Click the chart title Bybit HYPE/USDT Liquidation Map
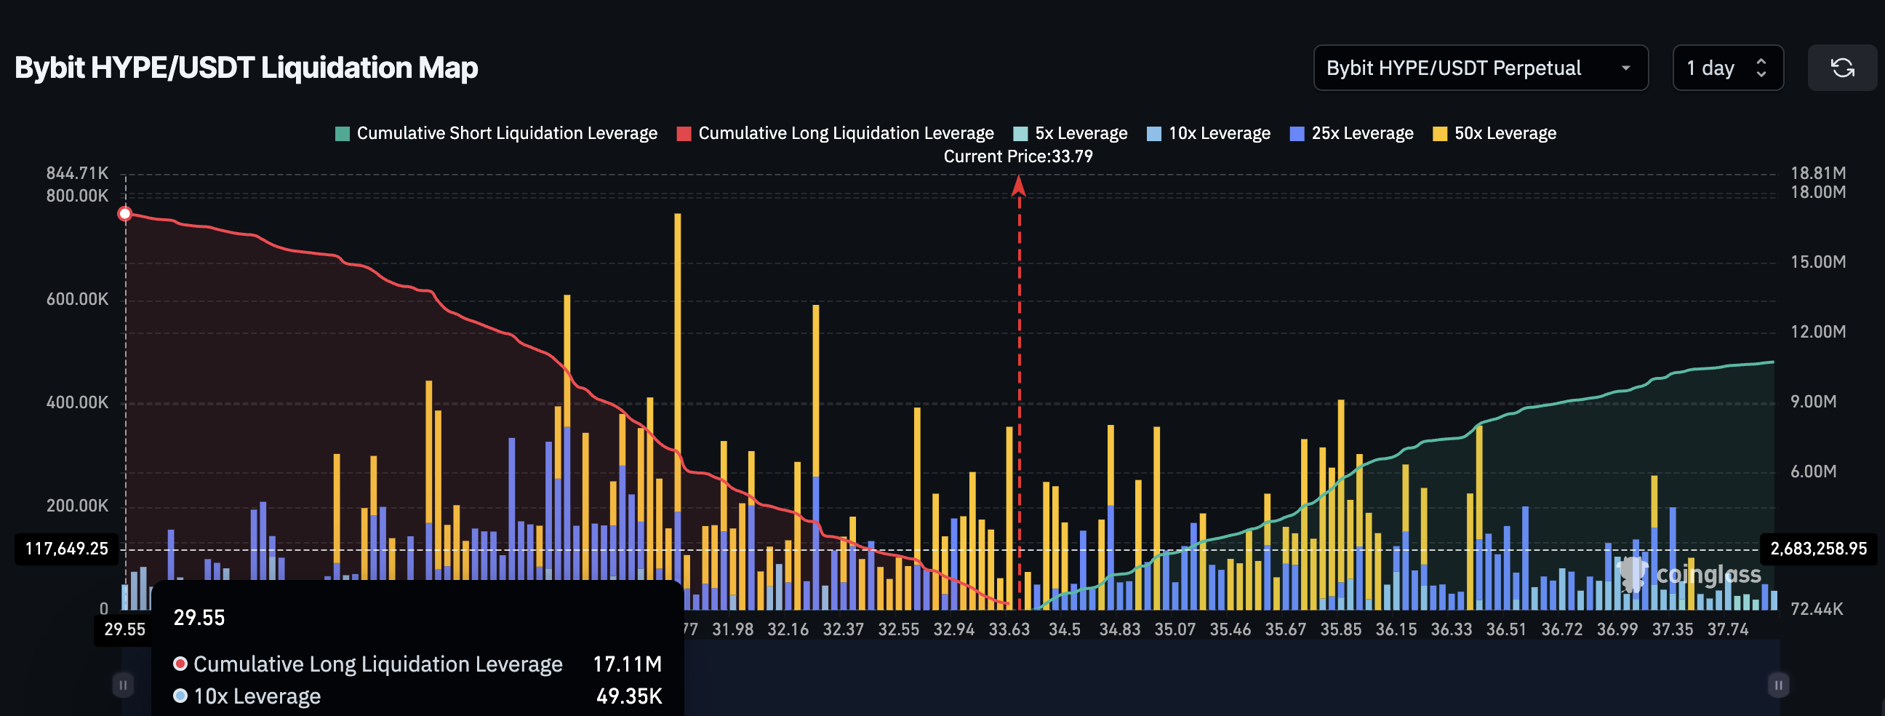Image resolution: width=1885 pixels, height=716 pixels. pos(246,68)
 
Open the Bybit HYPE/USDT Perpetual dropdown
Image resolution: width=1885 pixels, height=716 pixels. pos(1480,68)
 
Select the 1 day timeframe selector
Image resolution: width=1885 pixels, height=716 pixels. pos(1727,68)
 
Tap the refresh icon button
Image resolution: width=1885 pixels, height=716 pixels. pos(1842,68)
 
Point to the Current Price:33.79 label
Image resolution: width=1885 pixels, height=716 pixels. pos(1018,156)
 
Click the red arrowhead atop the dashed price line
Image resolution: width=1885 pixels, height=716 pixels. pos(1019,188)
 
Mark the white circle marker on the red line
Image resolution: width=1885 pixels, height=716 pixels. pos(125,214)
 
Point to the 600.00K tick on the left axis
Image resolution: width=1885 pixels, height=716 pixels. pos(77,300)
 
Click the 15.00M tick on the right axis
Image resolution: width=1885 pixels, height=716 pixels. pos(1817,262)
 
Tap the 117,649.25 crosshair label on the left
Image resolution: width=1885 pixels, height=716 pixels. pos(67,549)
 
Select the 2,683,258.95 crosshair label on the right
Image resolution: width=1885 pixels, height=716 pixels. pos(1818,549)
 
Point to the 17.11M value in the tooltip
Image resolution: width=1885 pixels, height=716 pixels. pos(627,664)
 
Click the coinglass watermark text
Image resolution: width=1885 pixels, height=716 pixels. pos(1708,576)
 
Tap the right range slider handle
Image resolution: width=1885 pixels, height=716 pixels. pos(1778,685)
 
